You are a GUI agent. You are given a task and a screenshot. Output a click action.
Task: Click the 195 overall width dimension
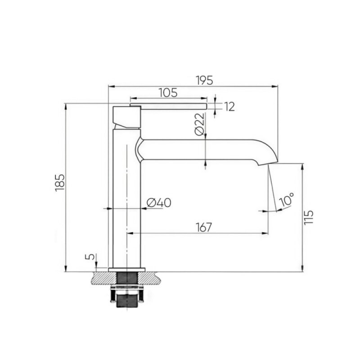coord(205,81)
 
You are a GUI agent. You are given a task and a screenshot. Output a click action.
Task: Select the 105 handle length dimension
coord(168,93)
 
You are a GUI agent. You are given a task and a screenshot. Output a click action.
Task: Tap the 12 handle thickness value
coord(229,107)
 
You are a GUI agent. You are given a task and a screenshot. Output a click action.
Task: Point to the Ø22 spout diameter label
coord(199,124)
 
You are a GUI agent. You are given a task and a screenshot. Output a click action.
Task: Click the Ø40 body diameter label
coord(159,203)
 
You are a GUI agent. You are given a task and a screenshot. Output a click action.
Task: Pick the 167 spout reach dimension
coord(204,227)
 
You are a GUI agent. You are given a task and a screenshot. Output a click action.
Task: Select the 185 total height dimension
coord(60,183)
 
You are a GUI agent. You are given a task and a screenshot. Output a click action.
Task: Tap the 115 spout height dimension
coord(308,217)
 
